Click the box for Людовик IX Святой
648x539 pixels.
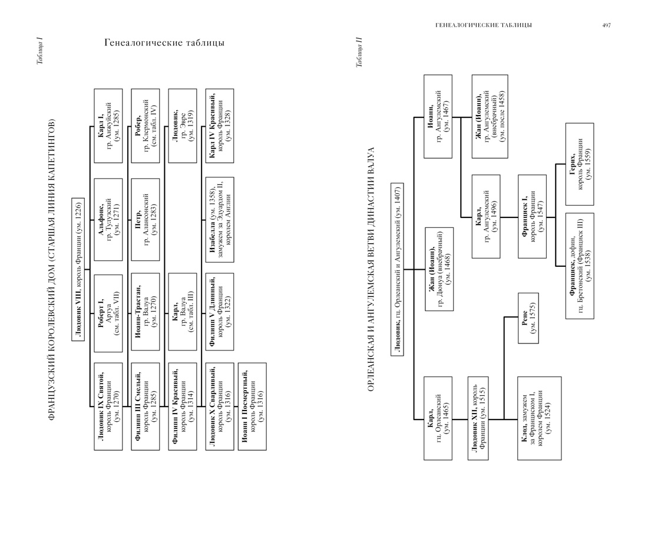[108, 407]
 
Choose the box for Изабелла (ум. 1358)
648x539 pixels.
[220, 219]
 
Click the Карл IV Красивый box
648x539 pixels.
[220, 125]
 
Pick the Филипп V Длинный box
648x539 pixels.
[220, 311]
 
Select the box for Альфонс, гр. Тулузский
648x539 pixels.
[108, 219]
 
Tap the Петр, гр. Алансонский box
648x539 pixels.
[145, 219]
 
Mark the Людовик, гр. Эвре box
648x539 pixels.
[181, 125]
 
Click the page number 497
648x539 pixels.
[606, 25]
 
